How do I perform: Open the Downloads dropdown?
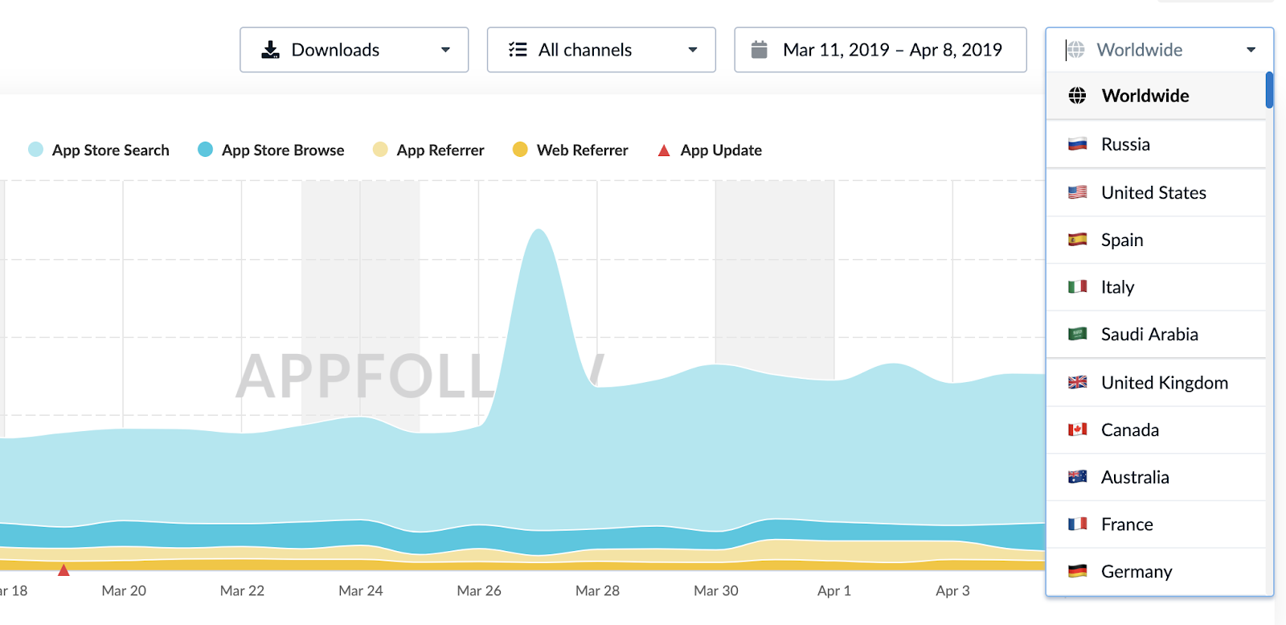[354, 50]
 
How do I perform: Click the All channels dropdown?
[601, 50]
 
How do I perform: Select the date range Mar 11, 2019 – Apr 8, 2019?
[880, 50]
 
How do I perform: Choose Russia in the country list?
[1125, 145]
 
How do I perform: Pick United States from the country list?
[1153, 193]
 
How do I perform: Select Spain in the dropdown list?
[1122, 241]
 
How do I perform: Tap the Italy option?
[1117, 287]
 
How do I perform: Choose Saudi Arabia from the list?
[1149, 335]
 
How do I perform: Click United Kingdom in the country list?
[1164, 383]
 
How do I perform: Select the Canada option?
[1129, 430]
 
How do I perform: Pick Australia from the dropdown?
[1134, 478]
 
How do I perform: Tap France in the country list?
[1127, 525]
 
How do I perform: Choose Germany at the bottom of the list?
[1136, 572]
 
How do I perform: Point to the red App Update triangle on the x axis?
[63, 570]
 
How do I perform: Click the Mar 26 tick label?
[479, 591]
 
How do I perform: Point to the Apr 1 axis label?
[833, 591]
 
